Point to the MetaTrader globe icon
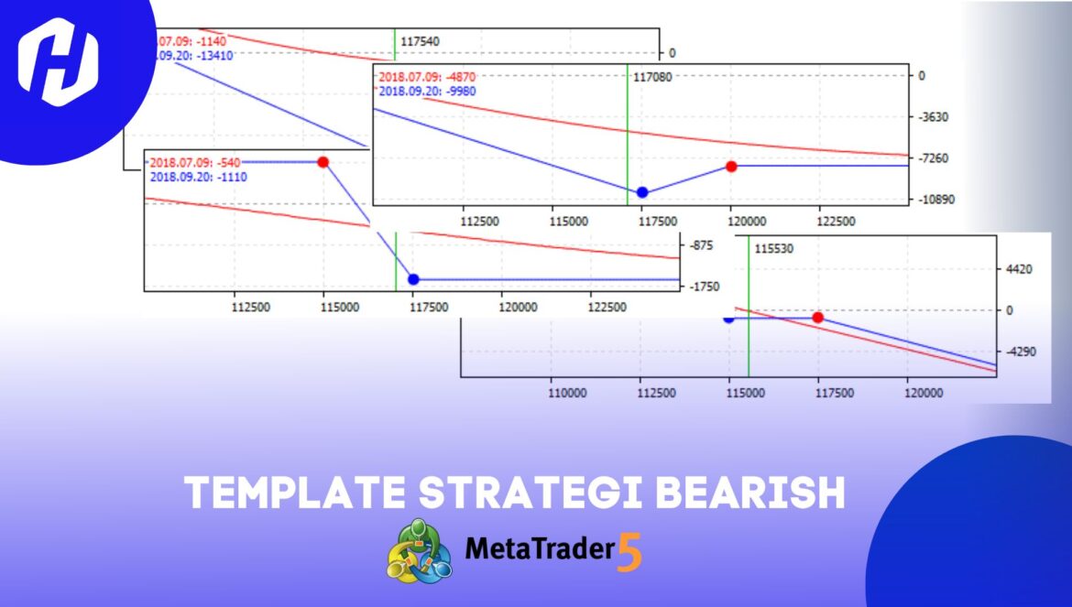click(x=419, y=550)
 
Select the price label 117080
click(x=652, y=77)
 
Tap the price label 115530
click(x=773, y=248)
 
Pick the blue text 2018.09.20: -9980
click(x=427, y=91)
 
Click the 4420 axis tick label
click(x=1019, y=269)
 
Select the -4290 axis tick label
click(x=1017, y=352)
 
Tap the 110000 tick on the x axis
click(x=567, y=392)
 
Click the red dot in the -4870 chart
click(x=731, y=167)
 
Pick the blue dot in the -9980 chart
click(x=642, y=192)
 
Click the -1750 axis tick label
click(x=706, y=287)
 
